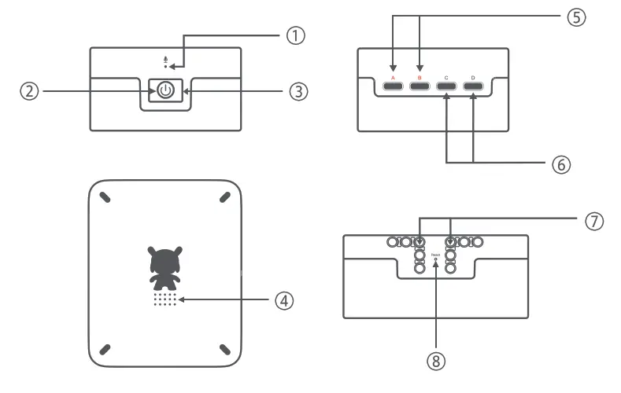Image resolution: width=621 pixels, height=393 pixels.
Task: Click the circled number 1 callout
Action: tap(294, 36)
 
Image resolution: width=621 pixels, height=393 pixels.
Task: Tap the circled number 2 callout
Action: tap(29, 91)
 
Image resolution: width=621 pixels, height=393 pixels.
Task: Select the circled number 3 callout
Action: tap(297, 91)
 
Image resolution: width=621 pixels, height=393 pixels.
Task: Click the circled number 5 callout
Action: tap(576, 18)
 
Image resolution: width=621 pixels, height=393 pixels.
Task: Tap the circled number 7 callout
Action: tap(595, 221)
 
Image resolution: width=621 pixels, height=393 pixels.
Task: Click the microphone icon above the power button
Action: tap(165, 59)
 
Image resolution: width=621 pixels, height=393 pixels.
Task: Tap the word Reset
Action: tap(435, 253)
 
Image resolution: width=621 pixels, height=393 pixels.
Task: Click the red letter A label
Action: tap(394, 78)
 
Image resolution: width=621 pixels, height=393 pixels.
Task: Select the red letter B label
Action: tap(420, 78)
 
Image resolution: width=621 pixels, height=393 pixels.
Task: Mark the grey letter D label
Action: tap(473, 78)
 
